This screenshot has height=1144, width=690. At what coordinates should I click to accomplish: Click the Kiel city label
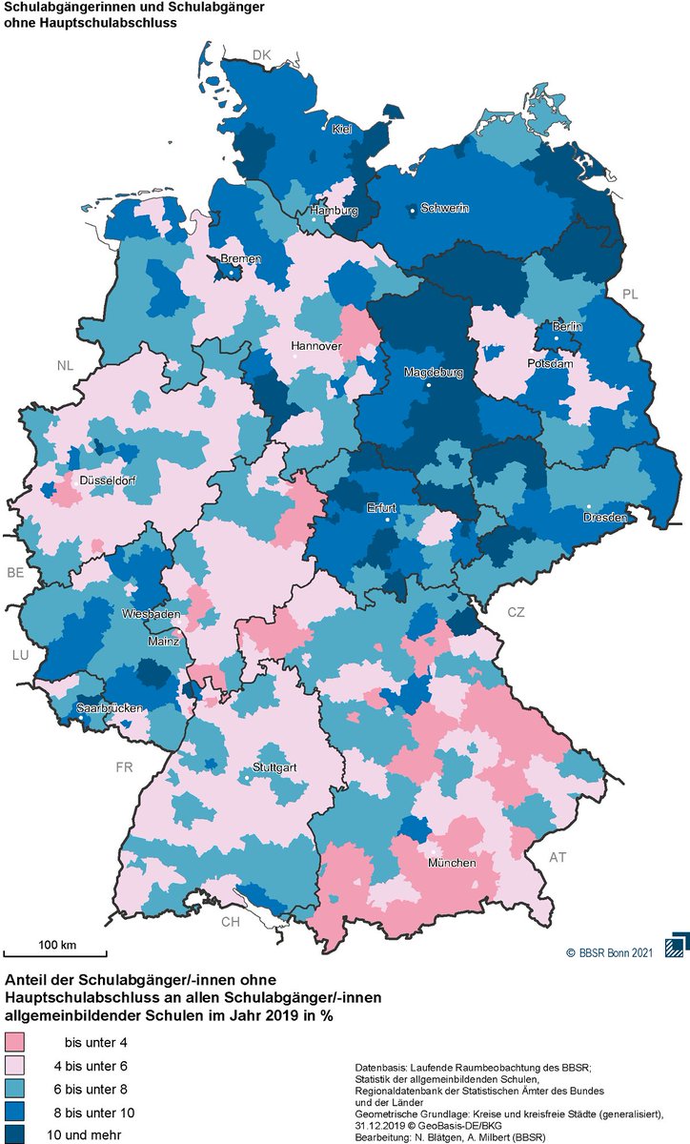pyautogui.click(x=342, y=130)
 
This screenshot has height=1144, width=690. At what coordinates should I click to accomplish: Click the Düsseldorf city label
pyautogui.click(x=106, y=481)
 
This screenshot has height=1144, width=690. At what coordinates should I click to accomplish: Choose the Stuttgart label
pyautogui.click(x=274, y=767)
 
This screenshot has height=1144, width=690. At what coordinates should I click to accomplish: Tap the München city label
pyautogui.click(x=452, y=863)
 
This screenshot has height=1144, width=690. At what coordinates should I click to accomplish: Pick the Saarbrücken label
pyautogui.click(x=111, y=708)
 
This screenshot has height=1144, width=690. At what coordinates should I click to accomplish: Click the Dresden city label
pyautogui.click(x=606, y=518)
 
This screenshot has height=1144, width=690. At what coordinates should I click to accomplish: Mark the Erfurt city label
pyautogui.click(x=381, y=507)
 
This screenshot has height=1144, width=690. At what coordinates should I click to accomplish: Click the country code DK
pyautogui.click(x=262, y=54)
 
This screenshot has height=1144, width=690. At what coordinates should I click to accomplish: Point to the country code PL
pyautogui.click(x=630, y=294)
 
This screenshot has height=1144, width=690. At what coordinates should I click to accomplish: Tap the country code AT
pyautogui.click(x=558, y=857)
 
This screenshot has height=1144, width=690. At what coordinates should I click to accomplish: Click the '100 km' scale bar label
pyautogui.click(x=57, y=944)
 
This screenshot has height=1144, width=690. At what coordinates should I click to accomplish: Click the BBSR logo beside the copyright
pyautogui.click(x=675, y=943)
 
